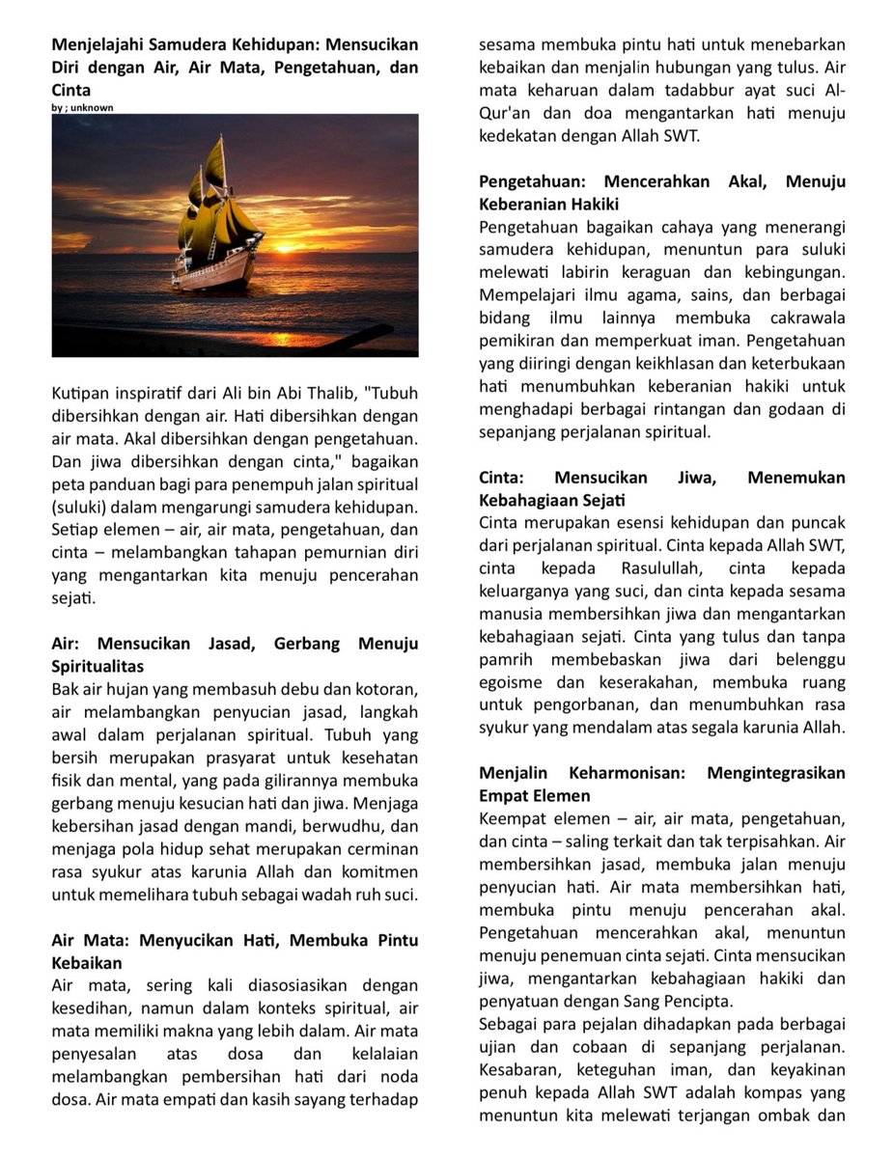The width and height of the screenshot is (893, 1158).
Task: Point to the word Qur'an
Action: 505,114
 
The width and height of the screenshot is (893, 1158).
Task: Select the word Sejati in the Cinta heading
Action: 600,500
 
